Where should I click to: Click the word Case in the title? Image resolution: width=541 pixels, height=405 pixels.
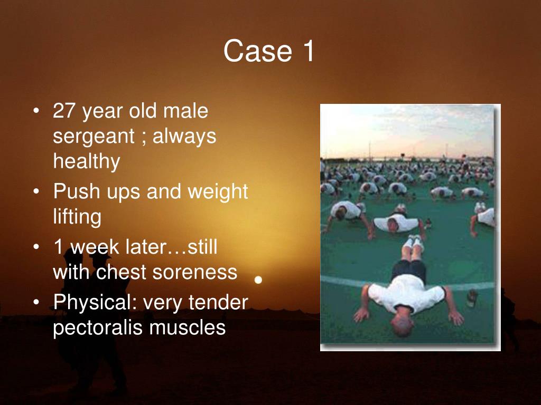click(258, 51)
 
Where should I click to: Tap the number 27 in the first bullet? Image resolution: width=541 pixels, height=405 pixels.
click(64, 111)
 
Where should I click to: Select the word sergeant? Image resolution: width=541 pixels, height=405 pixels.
click(93, 137)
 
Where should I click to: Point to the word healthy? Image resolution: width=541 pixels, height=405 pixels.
click(87, 161)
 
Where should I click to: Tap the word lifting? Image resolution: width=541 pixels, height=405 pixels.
click(77, 217)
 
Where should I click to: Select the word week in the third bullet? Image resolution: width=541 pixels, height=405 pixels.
click(96, 247)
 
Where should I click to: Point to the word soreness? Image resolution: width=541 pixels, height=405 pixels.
click(195, 273)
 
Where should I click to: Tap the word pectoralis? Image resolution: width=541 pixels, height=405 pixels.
click(98, 327)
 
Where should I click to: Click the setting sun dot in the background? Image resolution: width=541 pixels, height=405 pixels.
click(258, 279)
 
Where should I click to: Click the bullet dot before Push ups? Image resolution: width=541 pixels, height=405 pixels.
click(36, 191)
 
